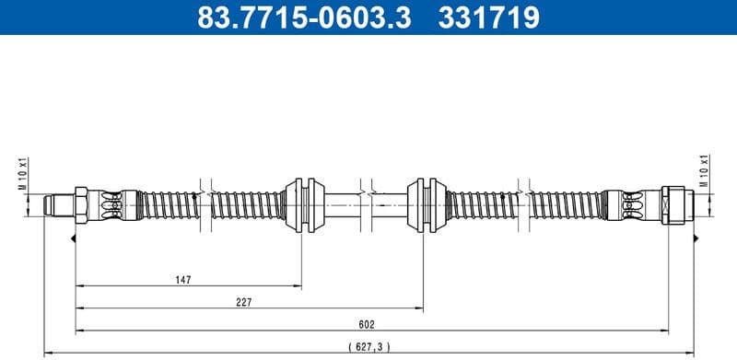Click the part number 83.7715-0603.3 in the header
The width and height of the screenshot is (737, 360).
click(x=293, y=17)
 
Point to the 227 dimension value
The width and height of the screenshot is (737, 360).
click(x=244, y=302)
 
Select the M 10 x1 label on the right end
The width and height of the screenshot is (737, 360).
click(x=705, y=170)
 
